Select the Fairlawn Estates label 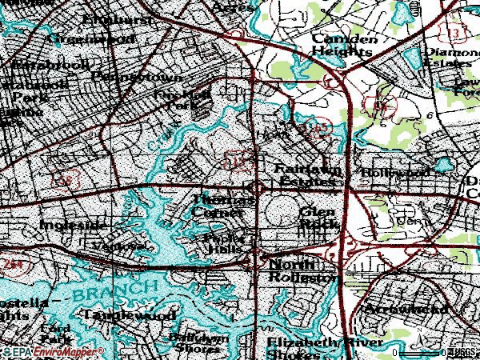(x=307, y=175)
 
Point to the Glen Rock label (x=318, y=218)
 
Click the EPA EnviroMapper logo (x=53, y=352)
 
